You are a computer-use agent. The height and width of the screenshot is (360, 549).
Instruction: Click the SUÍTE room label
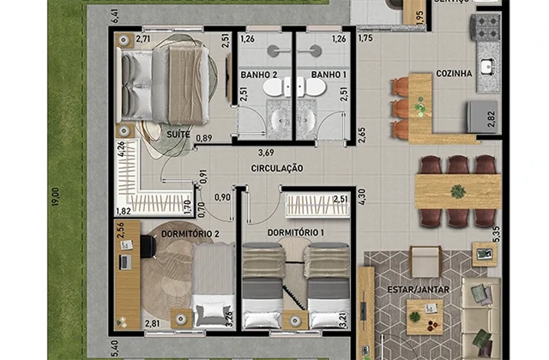pos(178,135)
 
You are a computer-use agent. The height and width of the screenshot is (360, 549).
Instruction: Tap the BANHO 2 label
pos(257,75)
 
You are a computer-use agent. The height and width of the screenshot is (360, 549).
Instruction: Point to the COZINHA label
pos(454,74)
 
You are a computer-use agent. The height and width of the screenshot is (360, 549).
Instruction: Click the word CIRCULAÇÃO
pos(278,169)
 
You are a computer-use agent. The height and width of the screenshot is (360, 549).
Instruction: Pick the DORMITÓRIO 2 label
pos(190,233)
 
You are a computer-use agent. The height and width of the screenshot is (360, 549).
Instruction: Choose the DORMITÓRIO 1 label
pos(295,233)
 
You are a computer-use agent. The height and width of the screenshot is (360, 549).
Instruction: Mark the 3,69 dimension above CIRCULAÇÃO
pos(254,153)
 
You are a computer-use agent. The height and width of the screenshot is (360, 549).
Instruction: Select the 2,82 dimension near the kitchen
pos(491,119)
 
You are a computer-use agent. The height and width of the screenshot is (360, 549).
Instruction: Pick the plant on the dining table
pos(458,191)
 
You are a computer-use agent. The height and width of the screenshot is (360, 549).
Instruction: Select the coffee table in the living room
pos(422,316)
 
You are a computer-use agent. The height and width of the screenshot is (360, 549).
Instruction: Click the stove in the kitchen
pos(486,27)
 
